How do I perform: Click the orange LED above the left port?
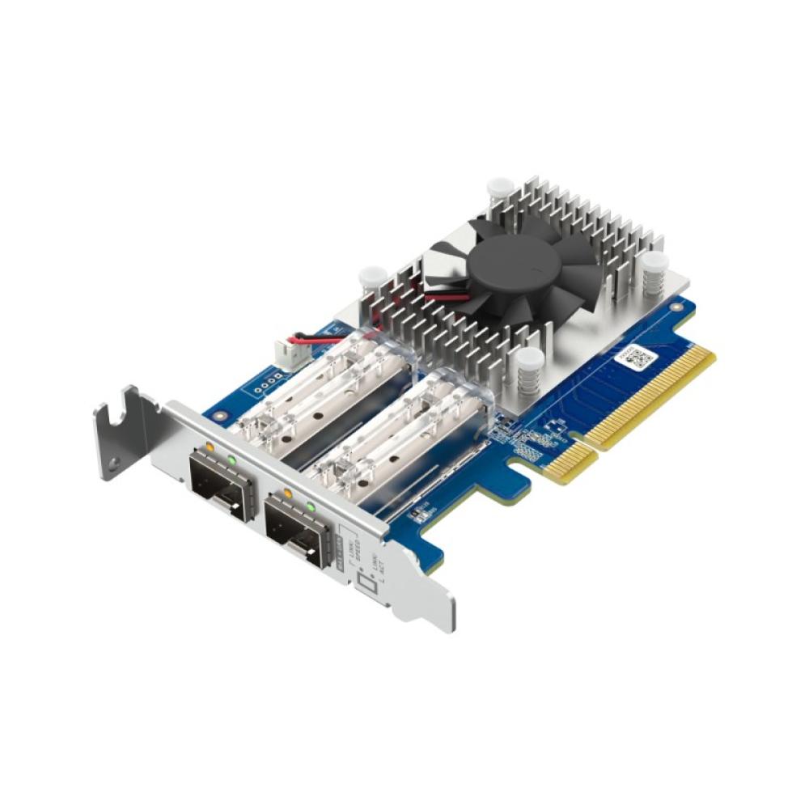[x=210, y=446]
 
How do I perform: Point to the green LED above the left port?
[x=232, y=460]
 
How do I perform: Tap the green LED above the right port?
[x=310, y=507]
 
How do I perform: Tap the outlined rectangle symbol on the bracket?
[x=366, y=584]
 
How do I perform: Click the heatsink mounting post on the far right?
[x=654, y=266]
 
